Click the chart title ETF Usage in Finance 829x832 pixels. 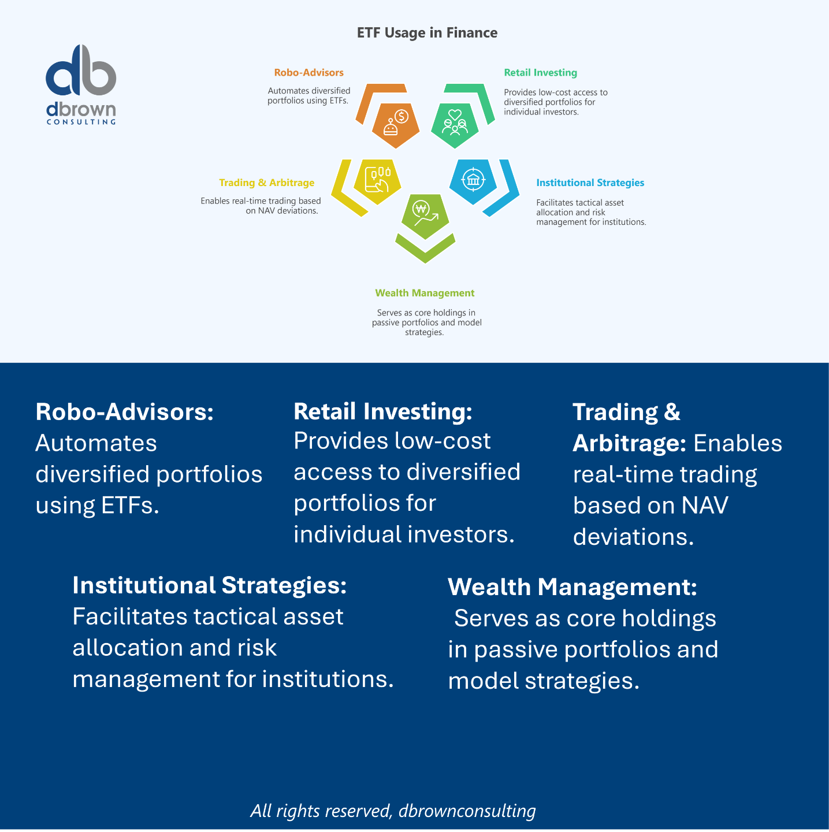click(x=427, y=33)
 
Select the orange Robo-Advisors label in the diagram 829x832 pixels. click(x=308, y=73)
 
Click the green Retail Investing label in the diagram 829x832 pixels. click(x=540, y=73)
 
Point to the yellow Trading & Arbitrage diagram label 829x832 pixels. click(x=266, y=183)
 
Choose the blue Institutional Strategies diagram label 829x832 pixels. click(x=590, y=183)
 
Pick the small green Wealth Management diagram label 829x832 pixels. click(x=425, y=293)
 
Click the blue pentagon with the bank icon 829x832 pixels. click(x=473, y=180)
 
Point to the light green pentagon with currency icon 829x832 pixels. click(x=425, y=215)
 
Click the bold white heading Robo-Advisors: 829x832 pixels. click(x=124, y=412)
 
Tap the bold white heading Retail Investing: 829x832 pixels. click(x=383, y=411)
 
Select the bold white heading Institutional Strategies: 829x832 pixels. click(x=209, y=585)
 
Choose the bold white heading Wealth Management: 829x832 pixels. click(x=572, y=587)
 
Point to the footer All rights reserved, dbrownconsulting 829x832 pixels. click(x=393, y=811)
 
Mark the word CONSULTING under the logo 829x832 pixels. click(x=81, y=122)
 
